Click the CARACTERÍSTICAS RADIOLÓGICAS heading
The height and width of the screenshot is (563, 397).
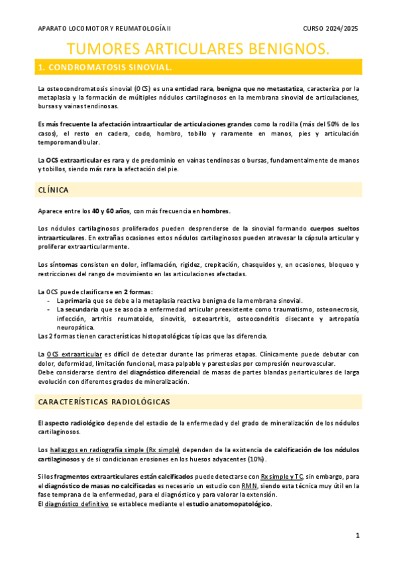coord(103,402)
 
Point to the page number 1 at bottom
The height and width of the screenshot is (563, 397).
coord(357,535)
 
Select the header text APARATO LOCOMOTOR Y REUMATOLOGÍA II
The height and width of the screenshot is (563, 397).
coord(104,29)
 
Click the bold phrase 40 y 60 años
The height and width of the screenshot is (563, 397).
coord(111,211)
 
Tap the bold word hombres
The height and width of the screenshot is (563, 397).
coord(215,211)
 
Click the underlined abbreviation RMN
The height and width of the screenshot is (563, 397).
coord(249,485)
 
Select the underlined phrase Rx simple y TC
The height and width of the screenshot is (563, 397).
coord(282,476)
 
